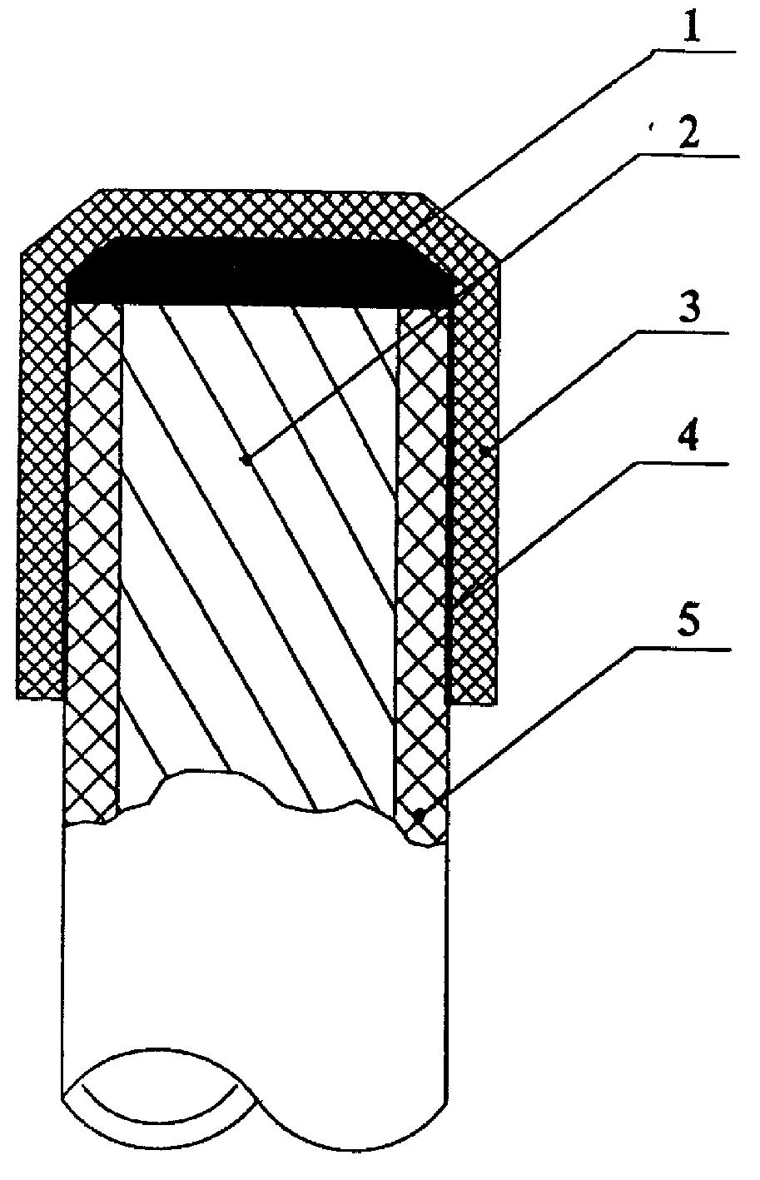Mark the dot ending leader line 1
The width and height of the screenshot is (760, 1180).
click(x=246, y=461)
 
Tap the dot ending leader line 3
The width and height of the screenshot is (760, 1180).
click(x=481, y=451)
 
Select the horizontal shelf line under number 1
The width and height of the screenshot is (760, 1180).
click(x=693, y=52)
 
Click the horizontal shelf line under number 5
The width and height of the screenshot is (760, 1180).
click(x=689, y=650)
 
